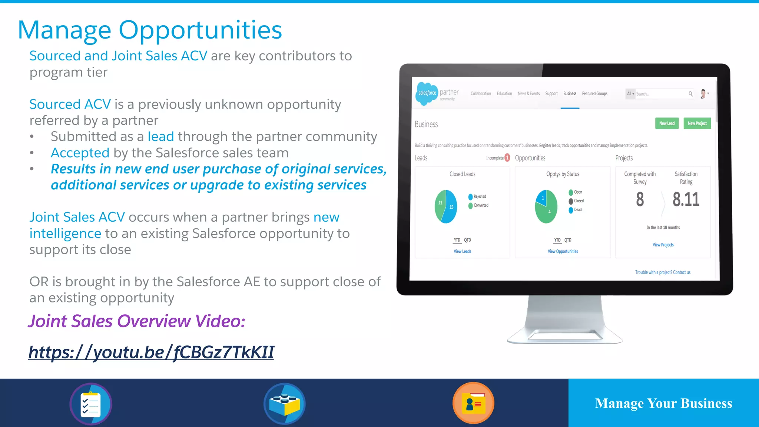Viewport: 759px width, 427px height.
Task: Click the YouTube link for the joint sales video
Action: coord(151,352)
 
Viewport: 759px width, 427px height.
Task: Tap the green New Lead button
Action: coord(667,123)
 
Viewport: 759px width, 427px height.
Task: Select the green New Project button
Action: coord(697,123)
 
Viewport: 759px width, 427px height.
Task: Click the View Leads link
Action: coord(462,251)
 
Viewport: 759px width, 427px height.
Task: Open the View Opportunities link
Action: coord(563,251)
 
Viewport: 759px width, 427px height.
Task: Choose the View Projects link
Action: coord(663,245)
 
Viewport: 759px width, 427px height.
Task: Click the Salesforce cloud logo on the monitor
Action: coord(427,93)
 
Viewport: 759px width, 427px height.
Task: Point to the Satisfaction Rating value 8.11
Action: coord(686,199)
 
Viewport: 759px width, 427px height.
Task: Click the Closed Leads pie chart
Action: coord(446,206)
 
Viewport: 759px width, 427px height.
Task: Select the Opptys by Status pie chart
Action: coord(546,206)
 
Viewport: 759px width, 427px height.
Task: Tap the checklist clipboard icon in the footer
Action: coord(91,404)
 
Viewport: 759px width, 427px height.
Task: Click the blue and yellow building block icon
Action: coord(285,404)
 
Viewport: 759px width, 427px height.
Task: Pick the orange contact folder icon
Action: coord(474,403)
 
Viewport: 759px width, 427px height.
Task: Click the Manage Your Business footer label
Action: coord(663,403)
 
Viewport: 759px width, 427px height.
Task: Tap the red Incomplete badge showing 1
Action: coord(507,158)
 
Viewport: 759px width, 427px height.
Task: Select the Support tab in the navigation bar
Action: coord(551,94)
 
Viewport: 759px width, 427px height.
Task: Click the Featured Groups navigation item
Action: coord(594,94)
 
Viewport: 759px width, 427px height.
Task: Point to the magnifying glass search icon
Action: coord(690,94)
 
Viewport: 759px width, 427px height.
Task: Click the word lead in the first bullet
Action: coord(161,137)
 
